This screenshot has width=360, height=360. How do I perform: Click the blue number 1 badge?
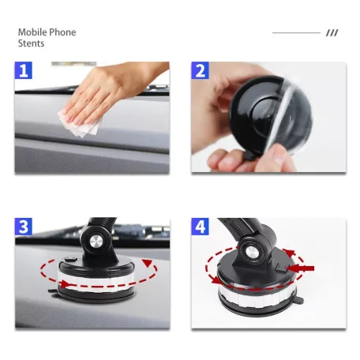[24, 71]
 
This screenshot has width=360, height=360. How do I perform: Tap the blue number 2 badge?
[201, 71]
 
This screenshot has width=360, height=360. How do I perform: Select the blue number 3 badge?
[24, 227]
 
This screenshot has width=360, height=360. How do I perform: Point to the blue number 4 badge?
[201, 227]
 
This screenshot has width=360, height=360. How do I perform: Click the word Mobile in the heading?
[32, 32]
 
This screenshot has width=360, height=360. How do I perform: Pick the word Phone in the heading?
[62, 32]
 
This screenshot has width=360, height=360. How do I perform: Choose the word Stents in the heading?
[32, 43]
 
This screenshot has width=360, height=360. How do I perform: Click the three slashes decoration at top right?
[332, 33]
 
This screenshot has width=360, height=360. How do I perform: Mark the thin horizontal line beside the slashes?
[296, 33]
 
